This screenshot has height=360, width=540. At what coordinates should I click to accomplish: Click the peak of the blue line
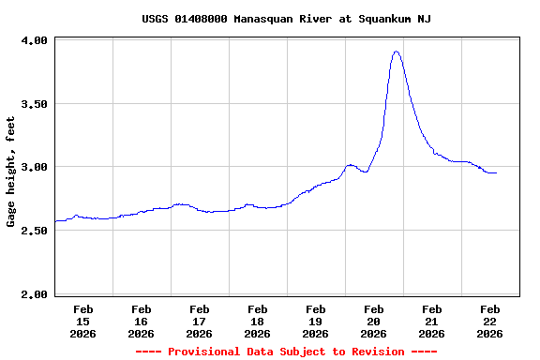pyautogui.click(x=397, y=52)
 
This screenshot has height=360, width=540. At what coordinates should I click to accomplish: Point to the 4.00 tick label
pyautogui.click(x=34, y=41)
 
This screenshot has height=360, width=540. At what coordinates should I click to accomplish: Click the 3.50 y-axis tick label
pyautogui.click(x=34, y=104)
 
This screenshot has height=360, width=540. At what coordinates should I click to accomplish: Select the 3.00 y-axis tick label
pyautogui.click(x=34, y=168)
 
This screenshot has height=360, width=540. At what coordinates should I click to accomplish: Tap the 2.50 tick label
pyautogui.click(x=34, y=231)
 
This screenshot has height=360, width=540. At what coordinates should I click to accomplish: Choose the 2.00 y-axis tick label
pyautogui.click(x=34, y=294)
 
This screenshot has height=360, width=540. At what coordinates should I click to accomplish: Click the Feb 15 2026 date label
pyautogui.click(x=82, y=321)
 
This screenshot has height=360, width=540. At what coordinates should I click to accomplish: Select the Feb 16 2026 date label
pyautogui.click(x=141, y=321)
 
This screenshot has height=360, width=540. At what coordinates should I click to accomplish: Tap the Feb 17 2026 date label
pyautogui.click(x=199, y=321)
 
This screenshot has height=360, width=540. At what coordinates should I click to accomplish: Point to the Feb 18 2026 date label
pyautogui.click(x=257, y=321)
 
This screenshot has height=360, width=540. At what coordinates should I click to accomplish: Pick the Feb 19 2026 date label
pyautogui.click(x=315, y=321)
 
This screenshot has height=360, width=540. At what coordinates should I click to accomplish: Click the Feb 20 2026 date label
pyautogui.click(x=373, y=321)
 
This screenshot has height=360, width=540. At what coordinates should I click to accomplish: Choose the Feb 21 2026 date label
pyautogui.click(x=431, y=321)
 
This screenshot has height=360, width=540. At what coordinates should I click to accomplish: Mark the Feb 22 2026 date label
pyautogui.click(x=489, y=321)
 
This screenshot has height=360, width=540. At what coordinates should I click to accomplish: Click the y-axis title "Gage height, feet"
pyautogui.click(x=11, y=172)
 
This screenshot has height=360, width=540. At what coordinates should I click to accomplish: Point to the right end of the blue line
pyautogui.click(x=496, y=173)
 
